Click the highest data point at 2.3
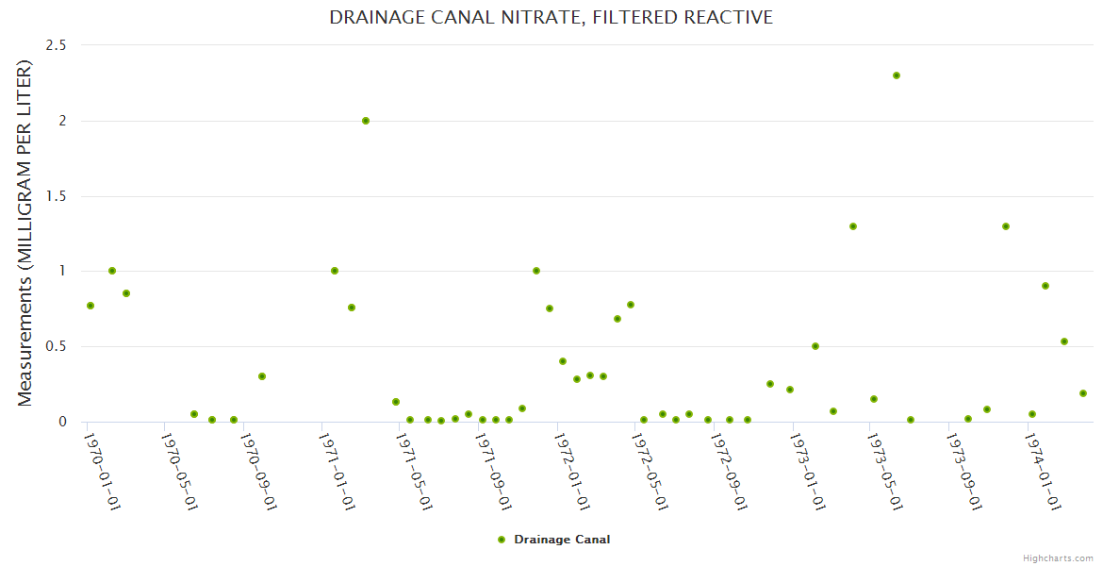click(897, 75)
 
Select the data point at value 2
click(366, 121)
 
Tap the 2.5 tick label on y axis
click(57, 45)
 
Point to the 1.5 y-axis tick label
click(57, 196)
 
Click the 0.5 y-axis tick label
click(57, 346)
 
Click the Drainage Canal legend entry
click(562, 540)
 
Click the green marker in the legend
click(502, 540)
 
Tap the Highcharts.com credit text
click(1058, 558)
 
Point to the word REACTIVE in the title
click(728, 18)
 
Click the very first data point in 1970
click(91, 306)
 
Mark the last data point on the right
click(1083, 393)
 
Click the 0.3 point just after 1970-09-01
click(262, 376)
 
